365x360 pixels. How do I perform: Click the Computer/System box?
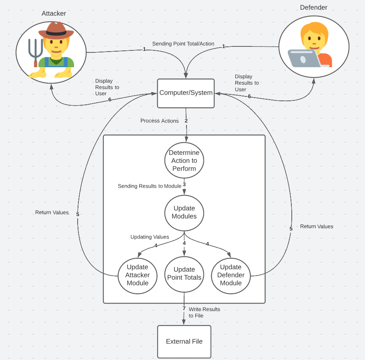pyautogui.click(x=186, y=93)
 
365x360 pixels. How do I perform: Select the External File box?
pyautogui.click(x=184, y=342)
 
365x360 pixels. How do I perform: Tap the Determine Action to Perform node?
pyautogui.click(x=184, y=160)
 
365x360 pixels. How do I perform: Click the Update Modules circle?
pyautogui.click(x=184, y=212)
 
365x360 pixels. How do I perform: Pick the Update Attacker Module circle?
pyautogui.click(x=137, y=275)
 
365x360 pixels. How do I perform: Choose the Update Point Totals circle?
pyautogui.click(x=184, y=274)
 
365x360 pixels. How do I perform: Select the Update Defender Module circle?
pyautogui.click(x=231, y=275)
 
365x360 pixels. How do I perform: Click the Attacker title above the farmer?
pyautogui.click(x=54, y=14)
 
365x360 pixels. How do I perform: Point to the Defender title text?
pyautogui.click(x=313, y=8)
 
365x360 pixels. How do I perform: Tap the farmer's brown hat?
pyautogui.click(x=56, y=31)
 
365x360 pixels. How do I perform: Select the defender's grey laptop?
pyautogui.click(x=303, y=58)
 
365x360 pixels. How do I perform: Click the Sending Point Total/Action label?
pyautogui.click(x=183, y=44)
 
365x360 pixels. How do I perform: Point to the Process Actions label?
pyautogui.click(x=159, y=121)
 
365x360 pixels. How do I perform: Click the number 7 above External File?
pyautogui.click(x=184, y=308)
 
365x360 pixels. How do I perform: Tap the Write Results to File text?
pyautogui.click(x=204, y=312)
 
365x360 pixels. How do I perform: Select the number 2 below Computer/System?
pyautogui.click(x=186, y=120)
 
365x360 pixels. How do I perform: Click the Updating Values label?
pyautogui.click(x=150, y=237)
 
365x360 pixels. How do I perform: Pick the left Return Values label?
pyautogui.click(x=52, y=212)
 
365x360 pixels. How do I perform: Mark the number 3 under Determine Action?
pyautogui.click(x=184, y=184)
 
